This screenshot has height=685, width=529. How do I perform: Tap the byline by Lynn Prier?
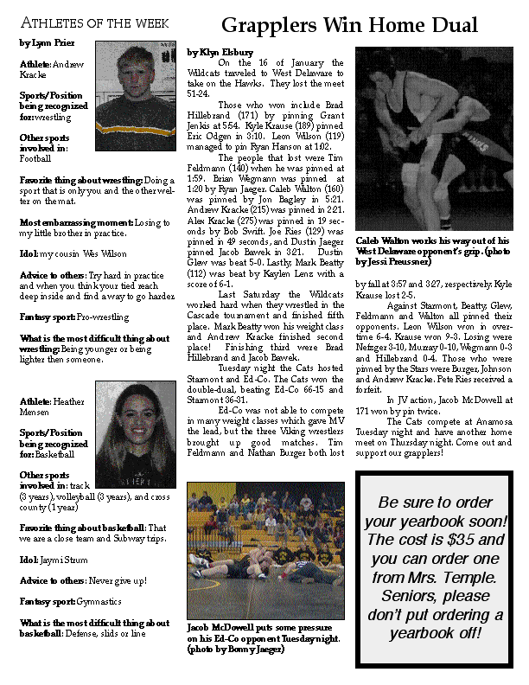47,42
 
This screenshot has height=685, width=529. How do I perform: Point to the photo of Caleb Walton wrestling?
433,138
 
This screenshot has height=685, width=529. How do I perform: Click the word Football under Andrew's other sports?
35,159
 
